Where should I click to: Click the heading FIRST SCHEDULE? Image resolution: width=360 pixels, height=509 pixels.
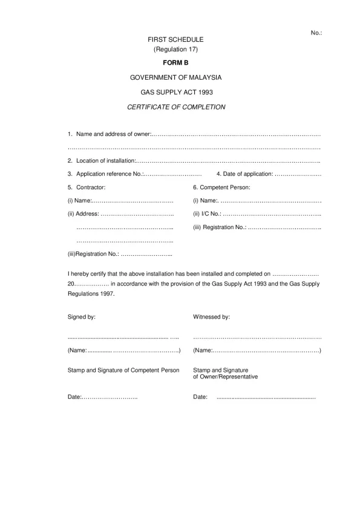tap(175, 39)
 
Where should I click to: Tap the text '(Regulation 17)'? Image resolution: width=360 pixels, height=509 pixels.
tap(175, 48)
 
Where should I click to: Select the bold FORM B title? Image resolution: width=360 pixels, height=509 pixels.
tap(175, 62)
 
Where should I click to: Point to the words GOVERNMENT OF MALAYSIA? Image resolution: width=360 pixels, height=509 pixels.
tap(175, 77)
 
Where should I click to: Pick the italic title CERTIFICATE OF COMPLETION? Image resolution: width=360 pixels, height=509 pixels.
tap(175, 107)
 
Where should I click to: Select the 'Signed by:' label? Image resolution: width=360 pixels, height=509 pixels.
tap(82, 317)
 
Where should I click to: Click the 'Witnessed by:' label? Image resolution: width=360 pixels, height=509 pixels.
tap(211, 317)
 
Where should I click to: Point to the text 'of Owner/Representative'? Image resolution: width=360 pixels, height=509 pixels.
tap(225, 377)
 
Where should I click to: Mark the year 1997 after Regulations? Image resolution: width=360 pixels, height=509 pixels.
tap(105, 294)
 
